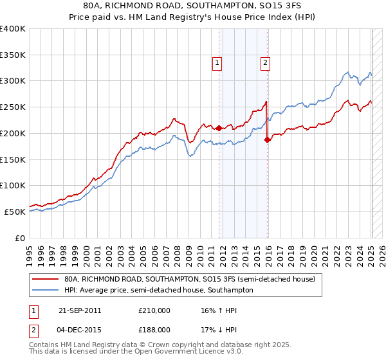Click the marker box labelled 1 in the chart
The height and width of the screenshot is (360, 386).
[x=217, y=62]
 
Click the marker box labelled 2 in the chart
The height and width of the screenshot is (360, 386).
[x=265, y=62]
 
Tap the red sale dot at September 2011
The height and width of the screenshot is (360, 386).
[x=219, y=128]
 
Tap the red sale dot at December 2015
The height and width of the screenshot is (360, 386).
[x=268, y=139]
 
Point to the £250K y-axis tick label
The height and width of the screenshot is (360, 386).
[x=13, y=107]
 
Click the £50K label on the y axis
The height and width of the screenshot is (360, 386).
[x=15, y=212]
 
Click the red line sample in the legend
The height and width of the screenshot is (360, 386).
[x=45, y=280]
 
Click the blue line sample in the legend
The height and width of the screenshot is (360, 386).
[x=45, y=291]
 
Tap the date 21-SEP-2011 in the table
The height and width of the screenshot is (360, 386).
[x=79, y=310]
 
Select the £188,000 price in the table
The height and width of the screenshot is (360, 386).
[x=154, y=329]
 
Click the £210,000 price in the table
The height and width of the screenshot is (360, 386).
[x=154, y=310]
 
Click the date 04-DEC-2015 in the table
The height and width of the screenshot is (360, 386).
[x=79, y=329]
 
